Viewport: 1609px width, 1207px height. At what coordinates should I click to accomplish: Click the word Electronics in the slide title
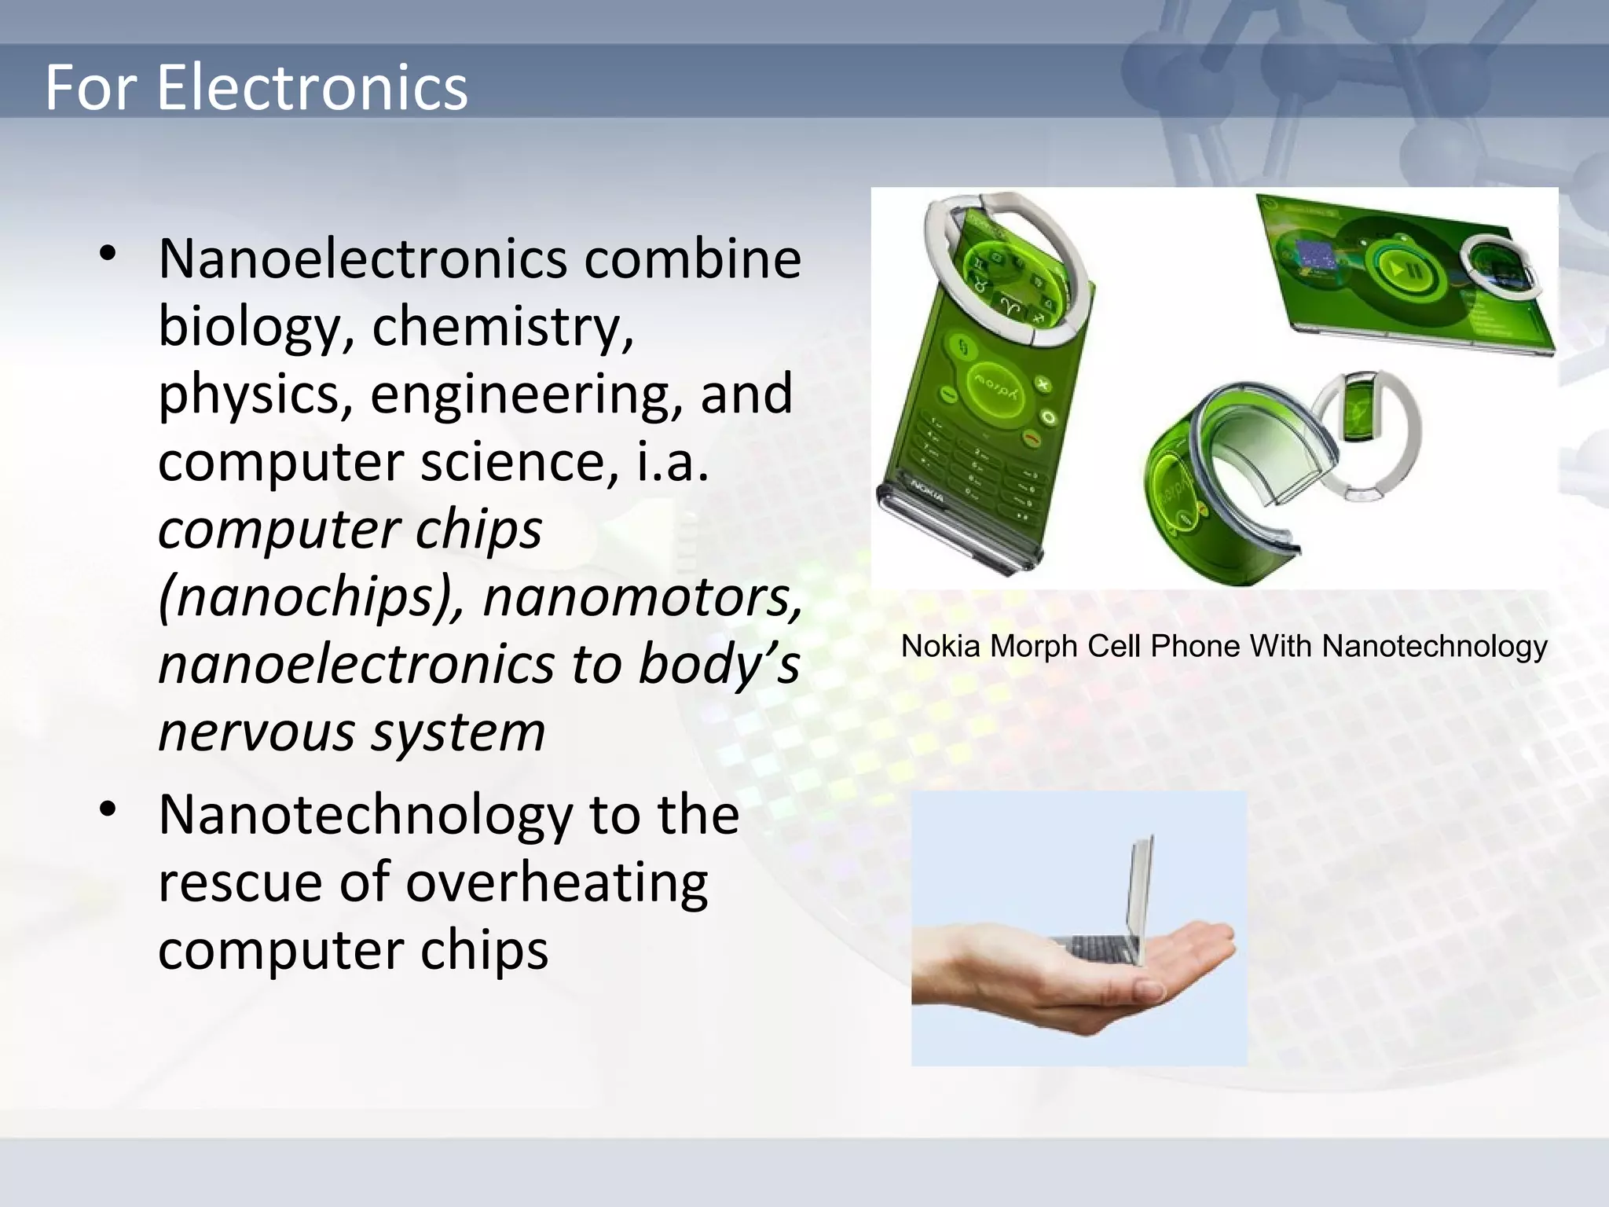312,87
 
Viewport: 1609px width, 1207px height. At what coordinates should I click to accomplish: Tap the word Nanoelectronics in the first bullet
362,259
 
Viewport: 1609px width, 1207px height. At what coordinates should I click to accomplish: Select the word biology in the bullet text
249,326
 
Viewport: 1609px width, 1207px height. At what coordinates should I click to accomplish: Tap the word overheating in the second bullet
556,882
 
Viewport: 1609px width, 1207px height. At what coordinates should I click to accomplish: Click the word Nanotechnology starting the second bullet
365,814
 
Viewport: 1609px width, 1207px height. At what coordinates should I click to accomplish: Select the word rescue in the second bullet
240,882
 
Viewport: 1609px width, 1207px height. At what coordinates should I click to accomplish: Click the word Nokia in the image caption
941,647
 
